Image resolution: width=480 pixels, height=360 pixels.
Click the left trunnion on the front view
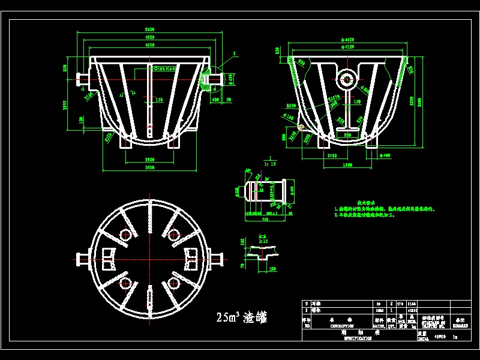(83, 78)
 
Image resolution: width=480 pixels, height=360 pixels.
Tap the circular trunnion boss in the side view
(347, 77)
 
